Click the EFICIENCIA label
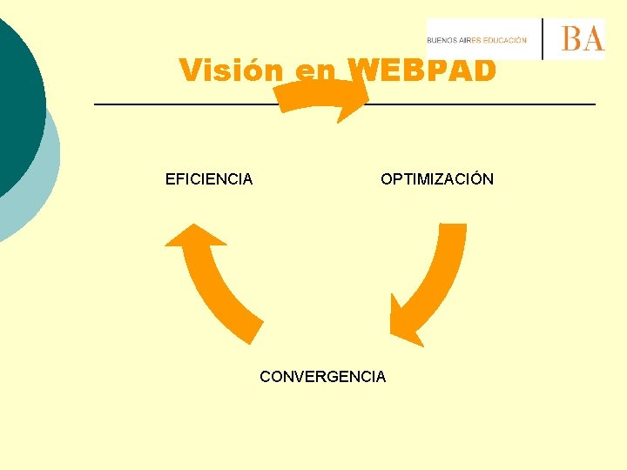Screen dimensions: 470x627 click(x=209, y=179)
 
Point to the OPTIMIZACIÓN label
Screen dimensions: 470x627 click(x=436, y=179)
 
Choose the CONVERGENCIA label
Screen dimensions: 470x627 click(x=322, y=377)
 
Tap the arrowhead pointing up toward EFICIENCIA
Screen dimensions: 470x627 click(x=193, y=236)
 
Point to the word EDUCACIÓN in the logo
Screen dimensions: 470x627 click(x=505, y=40)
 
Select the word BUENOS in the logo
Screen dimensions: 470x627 click(x=442, y=40)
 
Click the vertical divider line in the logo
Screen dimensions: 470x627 click(x=543, y=39)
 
